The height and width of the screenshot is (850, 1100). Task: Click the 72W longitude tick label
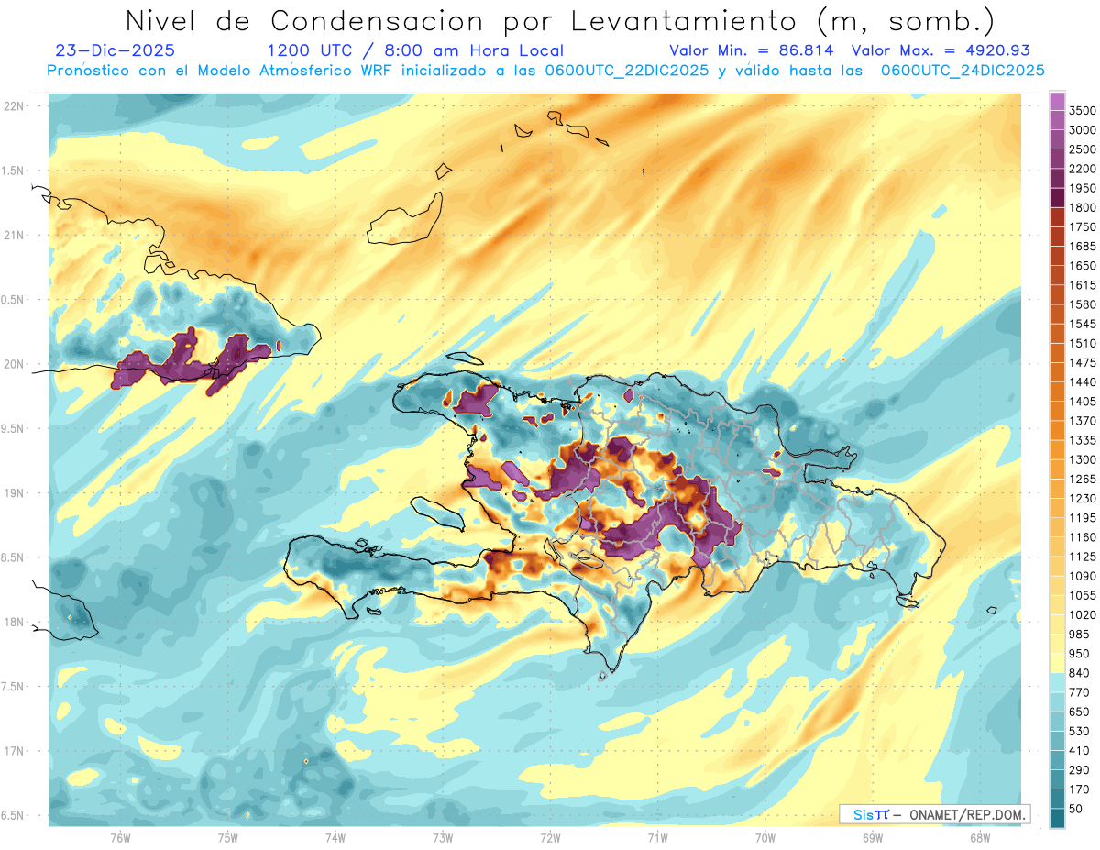[550, 837]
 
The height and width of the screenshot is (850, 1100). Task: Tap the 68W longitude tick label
[979, 837]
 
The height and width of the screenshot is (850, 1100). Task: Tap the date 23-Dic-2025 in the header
[115, 50]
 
